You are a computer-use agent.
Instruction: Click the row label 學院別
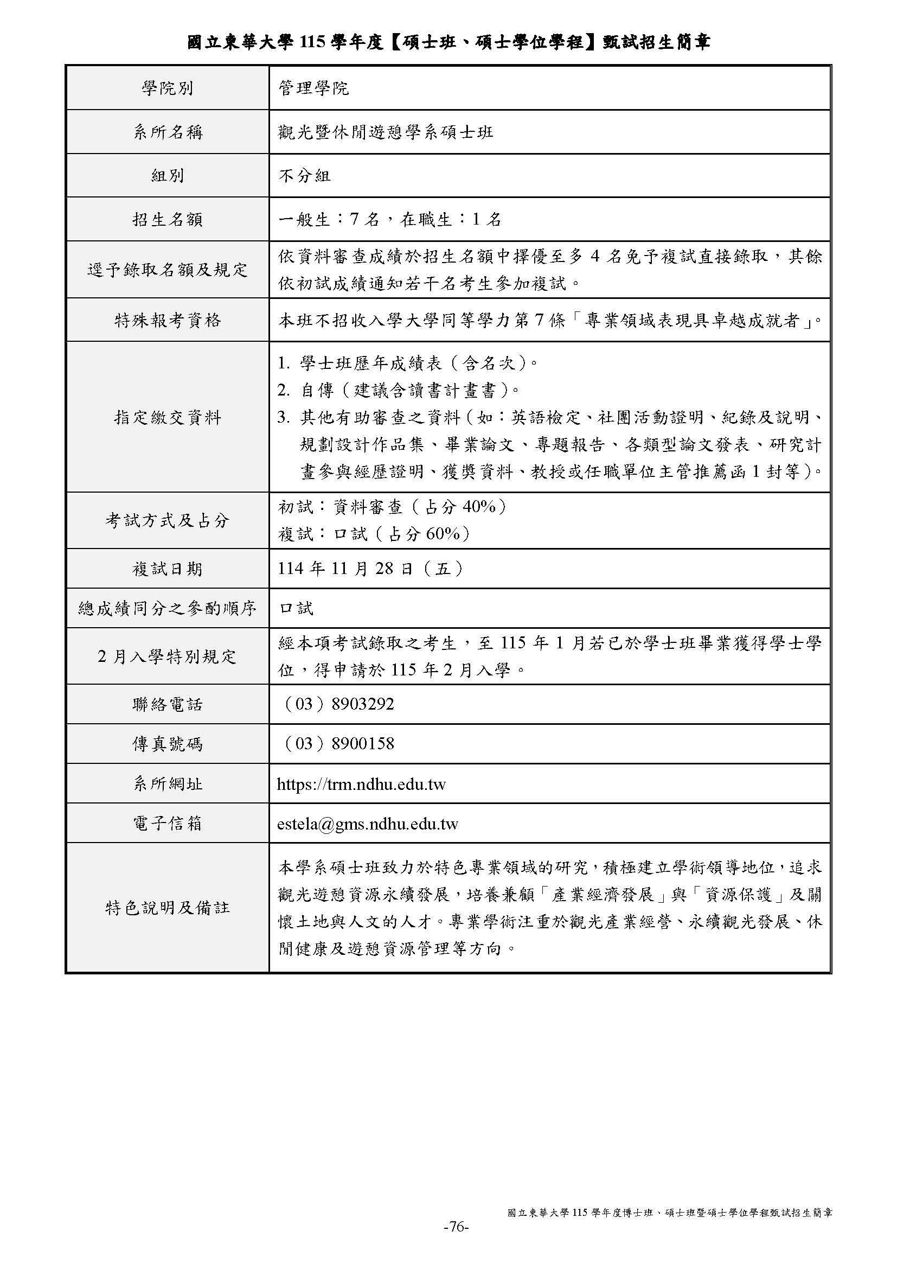click(168, 88)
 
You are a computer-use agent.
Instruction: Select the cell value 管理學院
click(313, 88)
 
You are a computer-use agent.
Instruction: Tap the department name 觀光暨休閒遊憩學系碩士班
click(386, 132)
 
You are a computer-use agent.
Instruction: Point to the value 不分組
click(304, 176)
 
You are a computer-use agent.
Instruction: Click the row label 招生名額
click(168, 219)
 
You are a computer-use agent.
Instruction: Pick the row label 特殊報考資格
click(168, 320)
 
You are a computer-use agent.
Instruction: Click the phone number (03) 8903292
click(338, 704)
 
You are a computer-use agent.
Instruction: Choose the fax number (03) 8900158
click(338, 743)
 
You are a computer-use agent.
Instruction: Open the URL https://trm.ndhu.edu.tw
click(361, 784)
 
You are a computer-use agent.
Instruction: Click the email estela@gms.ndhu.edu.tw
click(367, 824)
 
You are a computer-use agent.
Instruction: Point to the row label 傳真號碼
click(168, 744)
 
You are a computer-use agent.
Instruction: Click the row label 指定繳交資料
click(168, 417)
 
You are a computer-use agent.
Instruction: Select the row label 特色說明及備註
click(168, 908)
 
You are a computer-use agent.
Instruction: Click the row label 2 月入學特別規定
click(168, 656)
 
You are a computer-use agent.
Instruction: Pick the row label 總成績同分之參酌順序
click(168, 609)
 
